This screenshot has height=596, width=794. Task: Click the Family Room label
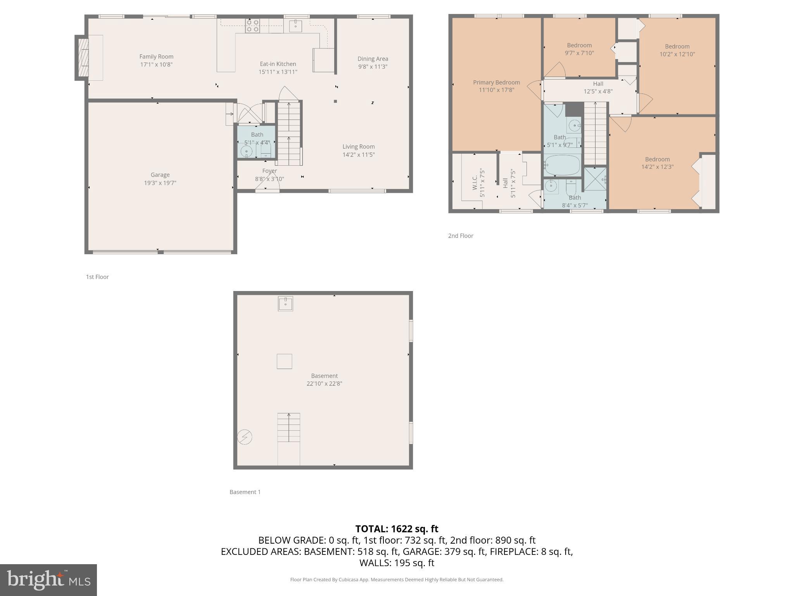156,57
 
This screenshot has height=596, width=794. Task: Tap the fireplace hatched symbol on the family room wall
83,58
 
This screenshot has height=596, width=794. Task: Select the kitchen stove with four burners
252,26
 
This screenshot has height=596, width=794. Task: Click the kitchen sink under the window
296,26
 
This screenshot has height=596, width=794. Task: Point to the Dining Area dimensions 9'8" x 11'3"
373,67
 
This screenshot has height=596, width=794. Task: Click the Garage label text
160,175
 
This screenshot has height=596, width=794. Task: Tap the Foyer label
269,171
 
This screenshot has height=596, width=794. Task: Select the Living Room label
358,147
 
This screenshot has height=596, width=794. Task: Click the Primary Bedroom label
496,82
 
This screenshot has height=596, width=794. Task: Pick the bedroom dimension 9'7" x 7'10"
579,53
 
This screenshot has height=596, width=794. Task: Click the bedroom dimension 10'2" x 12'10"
677,54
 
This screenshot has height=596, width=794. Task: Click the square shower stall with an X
595,179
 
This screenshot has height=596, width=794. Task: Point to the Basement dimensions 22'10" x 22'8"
324,384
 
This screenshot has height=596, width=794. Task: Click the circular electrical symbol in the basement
245,437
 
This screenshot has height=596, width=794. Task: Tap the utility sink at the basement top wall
285,304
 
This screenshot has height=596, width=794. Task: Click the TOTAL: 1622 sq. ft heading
397,529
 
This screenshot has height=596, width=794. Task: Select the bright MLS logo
48,580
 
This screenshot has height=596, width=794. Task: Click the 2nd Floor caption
461,236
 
